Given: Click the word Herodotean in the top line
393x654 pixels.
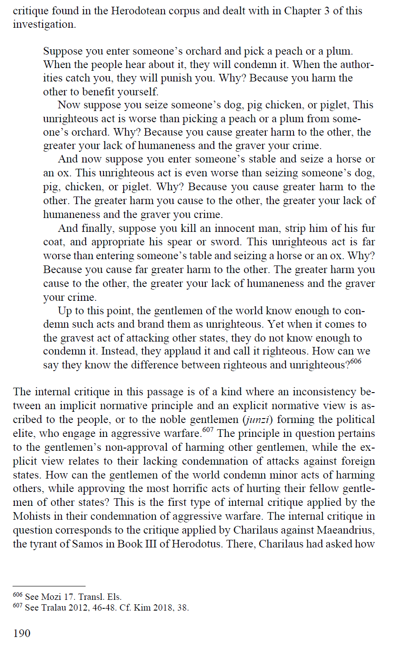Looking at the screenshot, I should tap(140, 10).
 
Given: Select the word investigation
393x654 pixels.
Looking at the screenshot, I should tap(43, 24).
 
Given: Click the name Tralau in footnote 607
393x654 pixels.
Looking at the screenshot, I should tap(54, 608).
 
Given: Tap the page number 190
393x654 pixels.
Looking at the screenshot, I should tap(22, 633).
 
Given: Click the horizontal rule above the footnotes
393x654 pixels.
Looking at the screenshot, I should tap(49, 586).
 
